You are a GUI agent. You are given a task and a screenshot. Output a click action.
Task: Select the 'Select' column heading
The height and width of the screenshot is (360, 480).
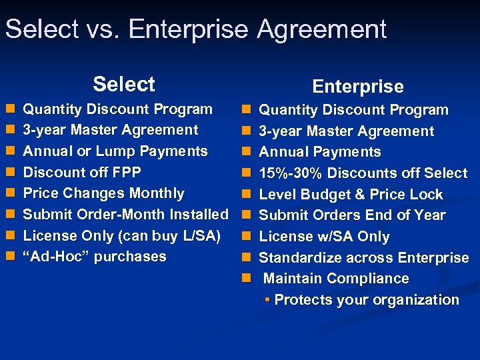[x=124, y=84]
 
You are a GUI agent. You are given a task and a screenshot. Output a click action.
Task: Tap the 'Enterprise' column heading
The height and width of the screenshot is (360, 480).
[x=358, y=87]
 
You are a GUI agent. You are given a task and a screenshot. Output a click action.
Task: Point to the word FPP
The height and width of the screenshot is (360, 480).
[x=126, y=173]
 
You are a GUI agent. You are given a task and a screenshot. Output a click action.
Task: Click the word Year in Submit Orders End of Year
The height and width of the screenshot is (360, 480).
[x=429, y=215]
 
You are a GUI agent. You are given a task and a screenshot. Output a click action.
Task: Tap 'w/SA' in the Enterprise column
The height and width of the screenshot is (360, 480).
[x=329, y=237]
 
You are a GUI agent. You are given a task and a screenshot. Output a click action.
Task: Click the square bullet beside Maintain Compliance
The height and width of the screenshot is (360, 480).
[x=245, y=279]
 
